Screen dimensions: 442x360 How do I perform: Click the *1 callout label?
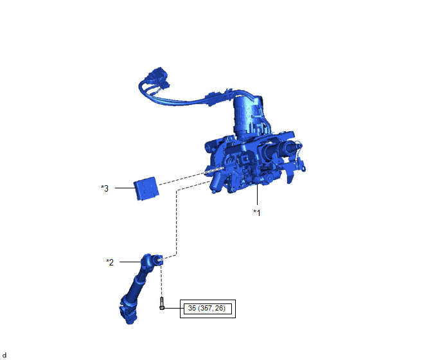(257, 212)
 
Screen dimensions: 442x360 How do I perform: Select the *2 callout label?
(110, 262)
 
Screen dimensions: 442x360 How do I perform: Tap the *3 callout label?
(105, 188)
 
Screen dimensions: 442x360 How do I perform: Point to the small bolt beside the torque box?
(162, 303)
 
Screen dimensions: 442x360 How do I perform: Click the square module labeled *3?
(146, 188)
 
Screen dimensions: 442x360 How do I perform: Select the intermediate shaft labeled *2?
(139, 289)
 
